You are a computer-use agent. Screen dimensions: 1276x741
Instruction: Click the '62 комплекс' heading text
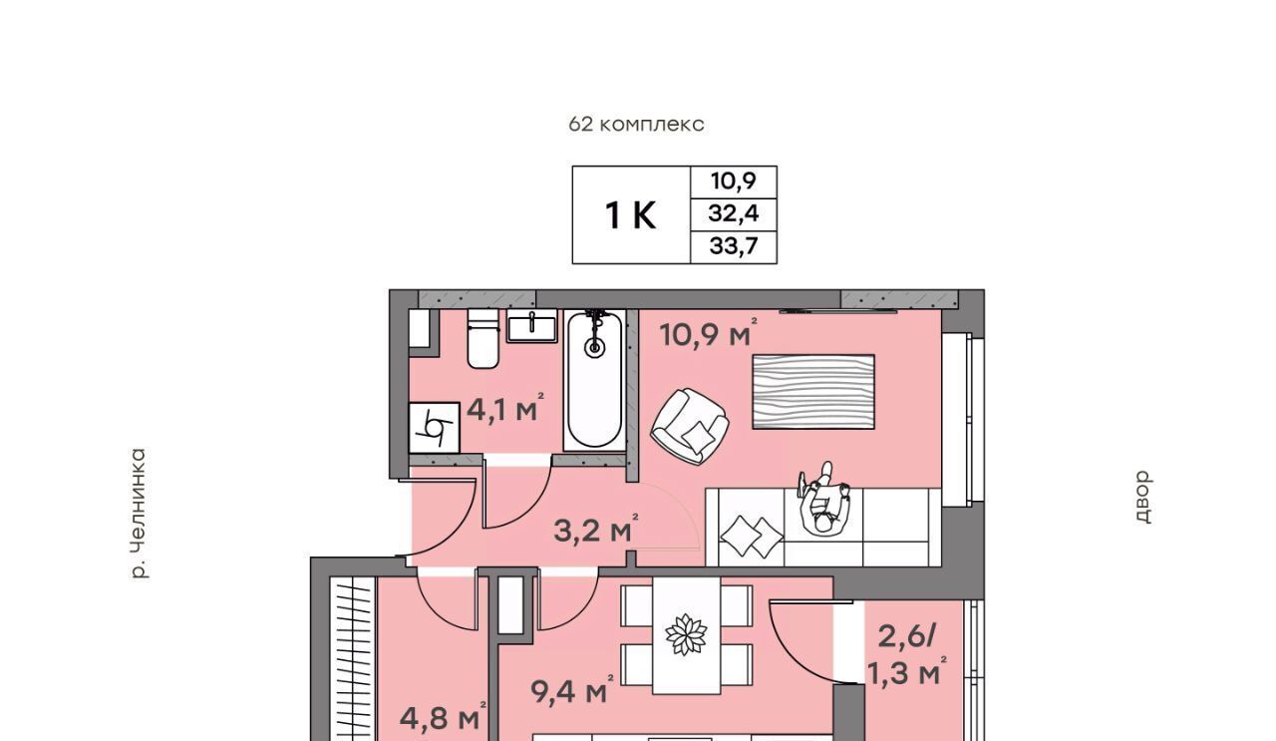coord(636,125)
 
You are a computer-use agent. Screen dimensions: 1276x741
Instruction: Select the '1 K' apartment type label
coord(631,216)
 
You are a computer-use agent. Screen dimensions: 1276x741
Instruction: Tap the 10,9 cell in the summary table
coord(734,182)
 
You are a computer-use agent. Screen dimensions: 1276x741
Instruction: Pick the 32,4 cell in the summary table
coord(734,214)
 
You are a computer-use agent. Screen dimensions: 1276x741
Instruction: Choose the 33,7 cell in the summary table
coord(734,246)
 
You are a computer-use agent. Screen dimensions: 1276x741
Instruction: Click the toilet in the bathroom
coord(483,338)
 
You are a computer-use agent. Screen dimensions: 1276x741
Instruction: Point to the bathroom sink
coord(532,326)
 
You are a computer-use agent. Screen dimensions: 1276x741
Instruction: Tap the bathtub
coord(594,380)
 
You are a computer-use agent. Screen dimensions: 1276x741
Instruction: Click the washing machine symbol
coord(434,428)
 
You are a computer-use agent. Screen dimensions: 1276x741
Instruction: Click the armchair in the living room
coord(690,426)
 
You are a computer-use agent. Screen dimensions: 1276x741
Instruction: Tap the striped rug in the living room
coord(813,392)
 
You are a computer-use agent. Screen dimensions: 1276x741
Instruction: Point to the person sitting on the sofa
coord(824,499)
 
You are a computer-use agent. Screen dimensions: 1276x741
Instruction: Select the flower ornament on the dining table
coord(687,634)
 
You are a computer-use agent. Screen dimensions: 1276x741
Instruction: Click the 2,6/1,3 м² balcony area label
coord(907,654)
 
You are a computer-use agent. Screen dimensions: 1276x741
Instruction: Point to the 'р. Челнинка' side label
coord(139,515)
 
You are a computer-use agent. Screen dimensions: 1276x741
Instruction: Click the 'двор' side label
coord(1142,497)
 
